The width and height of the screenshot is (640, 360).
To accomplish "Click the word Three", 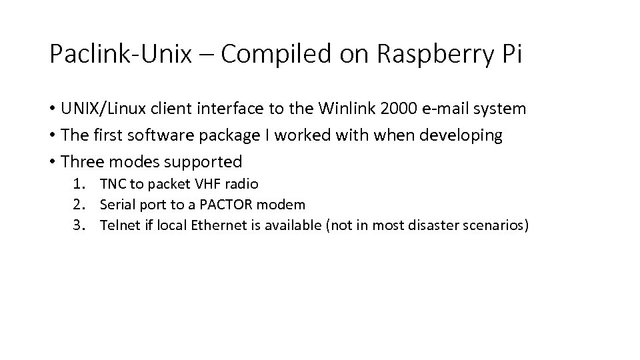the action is click(x=81, y=162).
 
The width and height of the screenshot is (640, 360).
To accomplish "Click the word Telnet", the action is click(x=117, y=226).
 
